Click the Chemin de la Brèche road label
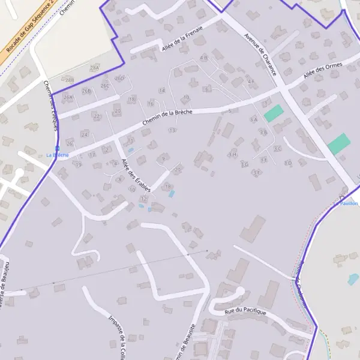167,116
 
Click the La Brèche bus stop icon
57,148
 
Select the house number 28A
94,68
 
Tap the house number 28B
70,80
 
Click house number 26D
119,78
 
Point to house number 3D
288,163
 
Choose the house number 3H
233,154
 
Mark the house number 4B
203,58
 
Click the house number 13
172,130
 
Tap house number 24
85,134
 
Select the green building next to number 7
274,112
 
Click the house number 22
97,116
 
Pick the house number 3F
257,172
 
